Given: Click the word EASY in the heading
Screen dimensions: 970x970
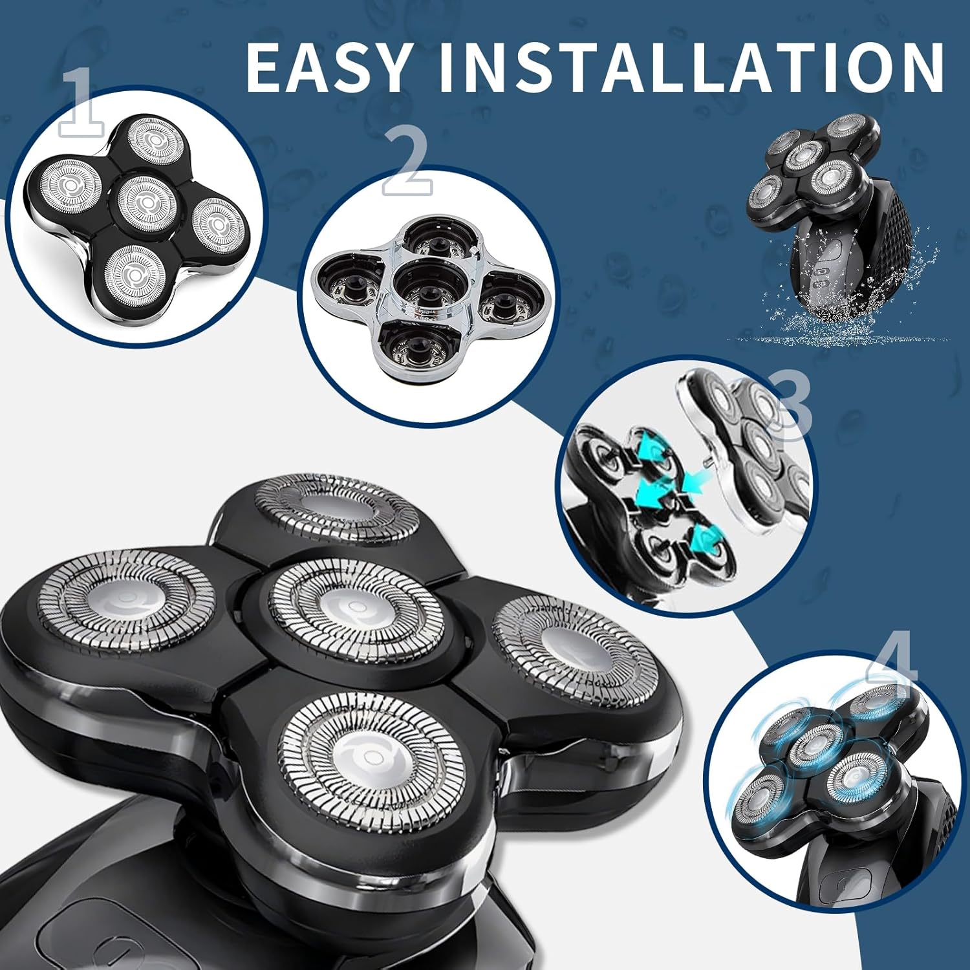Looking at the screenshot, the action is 329,67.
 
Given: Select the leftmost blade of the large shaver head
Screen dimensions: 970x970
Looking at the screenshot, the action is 126,601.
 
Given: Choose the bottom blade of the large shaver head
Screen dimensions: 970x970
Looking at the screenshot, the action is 371,750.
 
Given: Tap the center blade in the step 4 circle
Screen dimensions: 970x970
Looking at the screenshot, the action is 812,744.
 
